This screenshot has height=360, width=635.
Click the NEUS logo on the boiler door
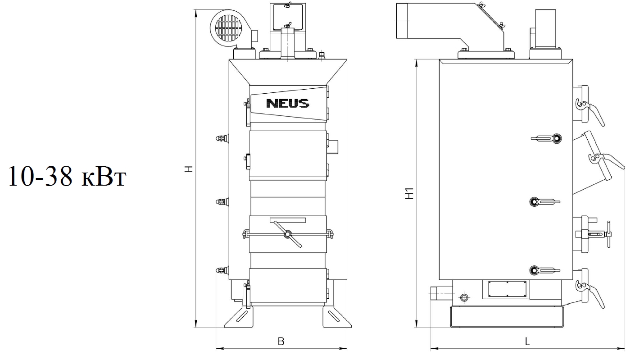[x=287, y=103]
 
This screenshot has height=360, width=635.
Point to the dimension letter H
[x=189, y=169]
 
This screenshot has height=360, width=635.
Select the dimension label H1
[x=409, y=193]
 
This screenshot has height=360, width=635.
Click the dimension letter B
[x=281, y=341]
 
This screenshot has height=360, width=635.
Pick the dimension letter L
[x=527, y=341]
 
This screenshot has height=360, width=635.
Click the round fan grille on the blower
[x=229, y=28]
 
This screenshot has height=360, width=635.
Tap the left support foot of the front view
[x=239, y=316]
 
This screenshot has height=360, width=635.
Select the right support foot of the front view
[x=337, y=316]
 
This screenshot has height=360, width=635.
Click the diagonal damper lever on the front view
[x=288, y=234]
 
